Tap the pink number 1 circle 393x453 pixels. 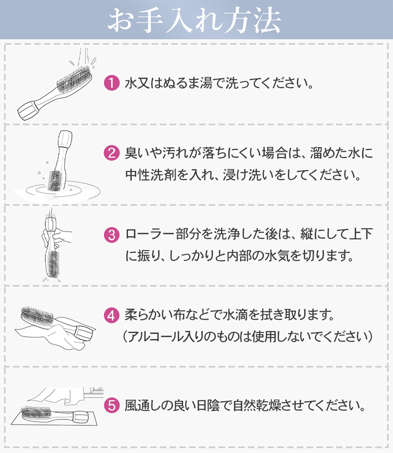point(111,84)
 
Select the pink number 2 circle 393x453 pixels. point(111,153)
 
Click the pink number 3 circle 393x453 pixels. point(111,235)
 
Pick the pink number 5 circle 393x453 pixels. point(111,405)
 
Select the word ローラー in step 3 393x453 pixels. point(147,235)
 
